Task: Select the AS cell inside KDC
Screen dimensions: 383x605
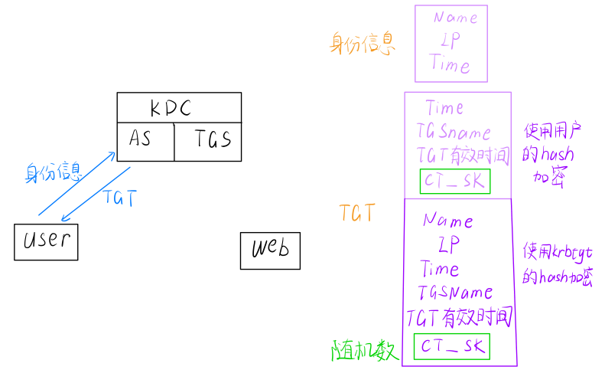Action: click(x=140, y=139)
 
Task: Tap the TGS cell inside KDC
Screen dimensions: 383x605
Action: click(x=212, y=139)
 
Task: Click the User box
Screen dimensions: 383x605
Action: click(x=46, y=241)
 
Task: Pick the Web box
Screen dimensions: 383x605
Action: click(x=270, y=250)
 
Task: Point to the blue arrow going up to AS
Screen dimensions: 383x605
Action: click(x=76, y=183)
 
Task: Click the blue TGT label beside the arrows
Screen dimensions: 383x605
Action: click(x=119, y=198)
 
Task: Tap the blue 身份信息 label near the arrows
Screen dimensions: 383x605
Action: click(x=54, y=172)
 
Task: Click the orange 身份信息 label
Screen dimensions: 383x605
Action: click(x=363, y=43)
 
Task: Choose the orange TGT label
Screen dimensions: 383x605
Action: click(x=357, y=214)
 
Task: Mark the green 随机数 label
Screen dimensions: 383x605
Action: click(x=365, y=351)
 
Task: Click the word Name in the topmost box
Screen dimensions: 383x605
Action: click(x=455, y=18)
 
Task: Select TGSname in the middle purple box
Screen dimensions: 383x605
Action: click(x=454, y=132)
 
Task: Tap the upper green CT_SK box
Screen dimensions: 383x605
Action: click(x=455, y=182)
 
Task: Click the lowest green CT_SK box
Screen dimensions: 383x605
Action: click(x=451, y=347)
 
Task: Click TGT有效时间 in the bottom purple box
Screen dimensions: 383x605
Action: click(x=458, y=318)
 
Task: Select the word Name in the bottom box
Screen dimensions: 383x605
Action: click(x=448, y=221)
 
